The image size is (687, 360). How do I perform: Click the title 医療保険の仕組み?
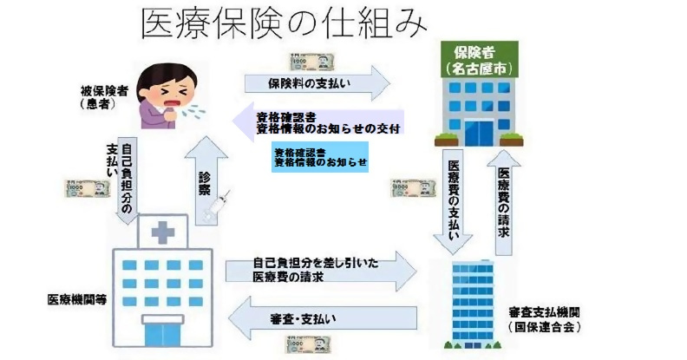pyautogui.click(x=283, y=24)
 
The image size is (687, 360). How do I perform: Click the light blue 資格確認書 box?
pyautogui.click(x=320, y=156)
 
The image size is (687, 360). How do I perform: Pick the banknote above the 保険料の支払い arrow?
pyautogui.click(x=311, y=60)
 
